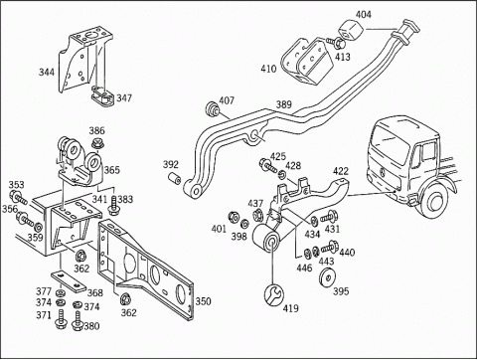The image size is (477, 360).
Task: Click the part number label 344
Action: click(x=47, y=72)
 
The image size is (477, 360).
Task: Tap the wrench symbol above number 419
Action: click(x=274, y=293)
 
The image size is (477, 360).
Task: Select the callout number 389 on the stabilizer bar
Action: click(x=284, y=104)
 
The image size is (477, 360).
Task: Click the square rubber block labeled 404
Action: click(x=351, y=31)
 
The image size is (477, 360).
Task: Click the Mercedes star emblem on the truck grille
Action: click(x=383, y=172)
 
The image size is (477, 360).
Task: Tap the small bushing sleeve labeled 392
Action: click(x=174, y=178)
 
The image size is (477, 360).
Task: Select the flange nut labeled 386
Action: click(x=96, y=143)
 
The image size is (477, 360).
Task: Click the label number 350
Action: click(x=203, y=301)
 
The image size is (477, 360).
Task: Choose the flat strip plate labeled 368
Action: click(x=69, y=281)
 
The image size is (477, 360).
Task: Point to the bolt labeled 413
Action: click(x=336, y=43)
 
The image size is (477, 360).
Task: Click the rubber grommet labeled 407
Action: click(x=212, y=109)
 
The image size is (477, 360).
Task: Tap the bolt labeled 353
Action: click(x=18, y=197)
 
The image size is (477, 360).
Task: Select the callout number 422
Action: click(x=341, y=171)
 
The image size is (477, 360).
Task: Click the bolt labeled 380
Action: click(x=78, y=321)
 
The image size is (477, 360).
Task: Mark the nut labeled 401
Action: click(x=234, y=218)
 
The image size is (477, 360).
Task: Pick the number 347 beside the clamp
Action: click(x=124, y=98)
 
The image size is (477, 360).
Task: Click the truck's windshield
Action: click(x=391, y=140)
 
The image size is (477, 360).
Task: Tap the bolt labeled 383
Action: click(x=113, y=206)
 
